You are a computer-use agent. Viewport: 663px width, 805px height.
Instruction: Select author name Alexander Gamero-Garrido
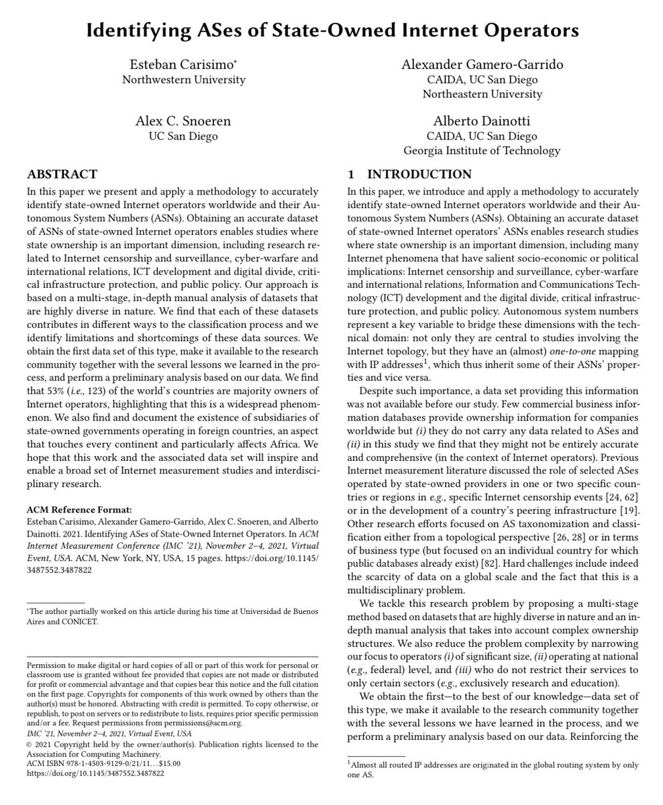[x=482, y=65]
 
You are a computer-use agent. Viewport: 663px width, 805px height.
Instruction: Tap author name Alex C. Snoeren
[x=183, y=121]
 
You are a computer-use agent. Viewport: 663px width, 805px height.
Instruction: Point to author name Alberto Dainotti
[x=482, y=121]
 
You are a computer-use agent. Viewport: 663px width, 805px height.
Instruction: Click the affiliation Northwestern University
[x=183, y=80]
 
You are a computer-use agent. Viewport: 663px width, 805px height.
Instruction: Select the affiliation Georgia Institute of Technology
[x=482, y=151]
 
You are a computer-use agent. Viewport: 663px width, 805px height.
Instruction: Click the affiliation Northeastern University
[x=482, y=94]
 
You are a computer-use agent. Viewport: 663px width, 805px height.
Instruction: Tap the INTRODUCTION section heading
[x=419, y=174]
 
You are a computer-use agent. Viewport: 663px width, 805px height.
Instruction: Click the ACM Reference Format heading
[x=79, y=509]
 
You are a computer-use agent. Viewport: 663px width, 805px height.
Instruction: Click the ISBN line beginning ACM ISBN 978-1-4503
[x=103, y=763]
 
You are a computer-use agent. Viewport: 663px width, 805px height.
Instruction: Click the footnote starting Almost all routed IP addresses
[x=493, y=764]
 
